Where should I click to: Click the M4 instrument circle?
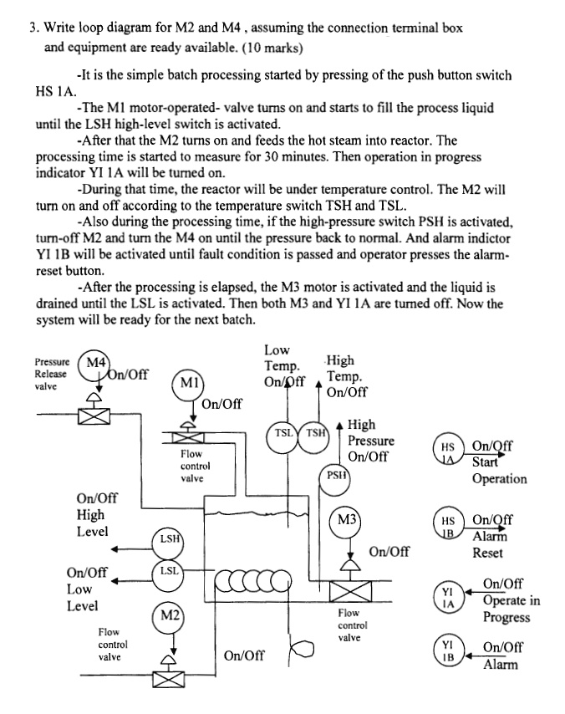[94, 365]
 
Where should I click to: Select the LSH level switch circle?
[169, 540]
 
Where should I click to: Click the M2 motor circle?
[170, 617]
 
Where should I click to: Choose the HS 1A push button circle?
[448, 452]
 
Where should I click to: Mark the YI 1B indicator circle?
[448, 651]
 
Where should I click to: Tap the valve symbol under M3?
[349, 590]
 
